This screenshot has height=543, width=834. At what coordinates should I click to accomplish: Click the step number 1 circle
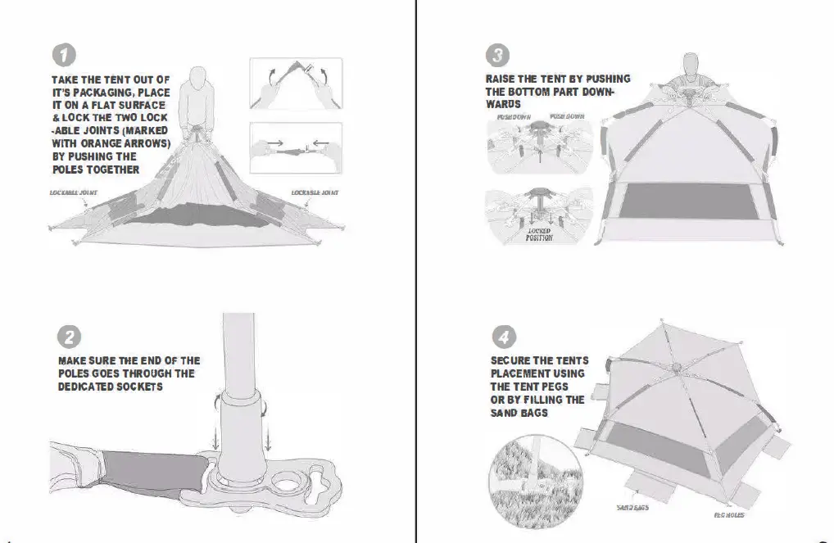point(65,55)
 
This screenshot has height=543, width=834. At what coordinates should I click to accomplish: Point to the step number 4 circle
point(502,337)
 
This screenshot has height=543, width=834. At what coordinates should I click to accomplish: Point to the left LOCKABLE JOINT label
point(74,192)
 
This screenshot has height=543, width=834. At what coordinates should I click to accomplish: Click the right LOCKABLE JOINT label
point(315,192)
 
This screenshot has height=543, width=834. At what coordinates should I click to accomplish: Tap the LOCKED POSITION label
point(539,235)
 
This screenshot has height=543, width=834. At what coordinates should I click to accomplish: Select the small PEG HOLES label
point(728,514)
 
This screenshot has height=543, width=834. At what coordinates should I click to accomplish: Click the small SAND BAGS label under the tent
point(632,508)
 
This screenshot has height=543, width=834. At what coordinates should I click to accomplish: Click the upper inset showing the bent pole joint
point(295,84)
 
